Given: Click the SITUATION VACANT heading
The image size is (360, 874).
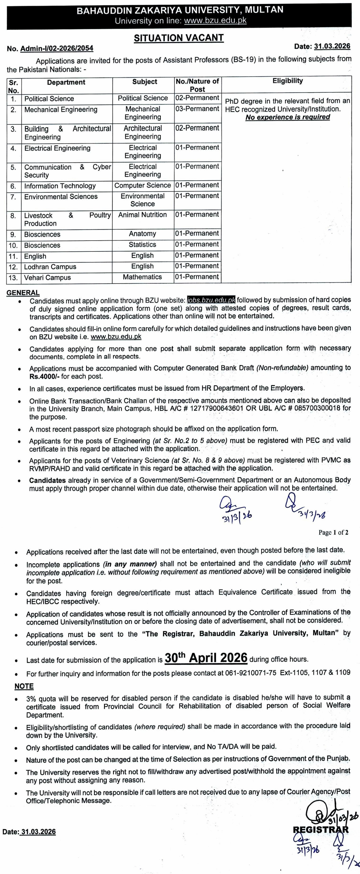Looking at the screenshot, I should [x=179, y=38].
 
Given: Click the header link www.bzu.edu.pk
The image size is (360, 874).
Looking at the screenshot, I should [x=215, y=21].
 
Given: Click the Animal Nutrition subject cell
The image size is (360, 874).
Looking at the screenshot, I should [x=143, y=215].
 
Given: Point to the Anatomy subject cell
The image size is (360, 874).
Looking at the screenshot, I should [x=143, y=234].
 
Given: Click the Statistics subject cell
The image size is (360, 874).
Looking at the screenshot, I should [x=143, y=245].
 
